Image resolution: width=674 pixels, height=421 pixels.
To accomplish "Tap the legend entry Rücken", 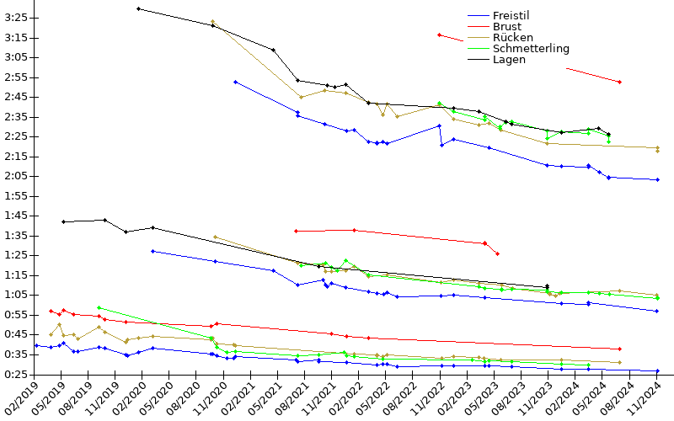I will coord(511,37).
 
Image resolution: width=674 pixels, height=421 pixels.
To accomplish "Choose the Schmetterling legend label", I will coord(531,48).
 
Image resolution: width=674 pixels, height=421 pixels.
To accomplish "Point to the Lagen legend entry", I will coord(509,59).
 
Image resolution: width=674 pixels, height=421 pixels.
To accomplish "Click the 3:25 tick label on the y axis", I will coord(16,18).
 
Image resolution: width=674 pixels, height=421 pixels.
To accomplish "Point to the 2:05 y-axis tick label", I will coord(16,176).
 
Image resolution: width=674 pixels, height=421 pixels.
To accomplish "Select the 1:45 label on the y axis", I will coord(16,216).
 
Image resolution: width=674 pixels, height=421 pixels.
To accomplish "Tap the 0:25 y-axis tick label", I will coord(16,374).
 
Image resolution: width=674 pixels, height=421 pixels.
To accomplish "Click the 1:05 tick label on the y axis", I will coord(16,295).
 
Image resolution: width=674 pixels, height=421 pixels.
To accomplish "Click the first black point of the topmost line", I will coord(138,8).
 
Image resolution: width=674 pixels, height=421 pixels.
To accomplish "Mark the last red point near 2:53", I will coord(620,82).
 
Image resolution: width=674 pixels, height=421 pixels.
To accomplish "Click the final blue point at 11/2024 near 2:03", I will coord(657,179).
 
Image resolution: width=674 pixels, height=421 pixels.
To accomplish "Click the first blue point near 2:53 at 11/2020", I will coord(235,82).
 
